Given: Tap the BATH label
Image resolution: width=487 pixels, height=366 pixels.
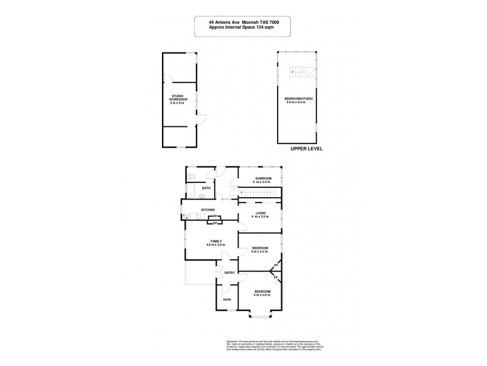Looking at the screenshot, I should pyautogui.click(x=206, y=188).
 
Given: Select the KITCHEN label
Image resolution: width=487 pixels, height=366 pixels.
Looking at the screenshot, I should pyautogui.click(x=209, y=210).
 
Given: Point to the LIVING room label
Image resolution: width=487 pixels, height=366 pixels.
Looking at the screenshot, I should pyautogui.click(x=261, y=213).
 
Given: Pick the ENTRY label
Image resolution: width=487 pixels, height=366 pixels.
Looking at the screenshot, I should pyautogui.click(x=229, y=273).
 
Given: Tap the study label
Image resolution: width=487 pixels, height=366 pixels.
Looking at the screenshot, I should pyautogui.click(x=226, y=300).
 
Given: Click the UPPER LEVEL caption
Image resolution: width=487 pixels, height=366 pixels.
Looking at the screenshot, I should pyautogui.click(x=306, y=149).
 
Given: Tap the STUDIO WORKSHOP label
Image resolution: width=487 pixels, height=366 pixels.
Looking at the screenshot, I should pyautogui.click(x=178, y=100).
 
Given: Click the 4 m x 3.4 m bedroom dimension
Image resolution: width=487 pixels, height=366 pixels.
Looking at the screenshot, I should pyautogui.click(x=261, y=251).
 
